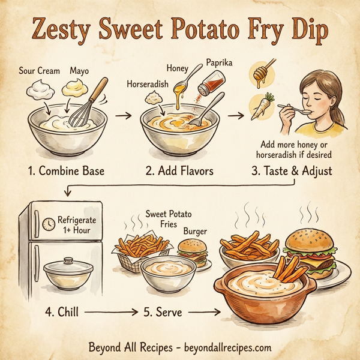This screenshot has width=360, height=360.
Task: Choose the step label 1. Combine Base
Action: (65, 171)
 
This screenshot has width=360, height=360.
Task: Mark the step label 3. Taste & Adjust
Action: (292, 171)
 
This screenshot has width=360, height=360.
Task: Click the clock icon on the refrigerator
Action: (47, 225)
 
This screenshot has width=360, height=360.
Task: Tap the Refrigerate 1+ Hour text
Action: (77, 225)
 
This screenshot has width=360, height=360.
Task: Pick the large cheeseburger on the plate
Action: (310, 246)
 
